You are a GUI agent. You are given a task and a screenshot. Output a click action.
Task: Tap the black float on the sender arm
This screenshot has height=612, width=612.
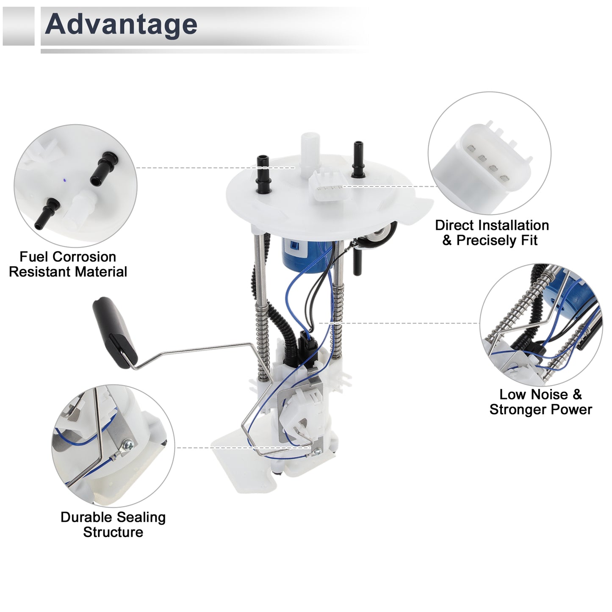(x=114, y=332)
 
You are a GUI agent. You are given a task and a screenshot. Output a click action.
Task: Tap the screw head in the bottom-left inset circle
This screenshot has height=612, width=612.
(x=129, y=444)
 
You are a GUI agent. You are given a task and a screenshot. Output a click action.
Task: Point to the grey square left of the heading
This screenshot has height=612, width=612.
(x=18, y=26)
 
